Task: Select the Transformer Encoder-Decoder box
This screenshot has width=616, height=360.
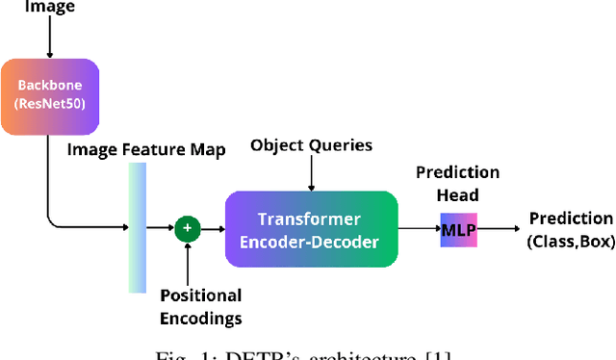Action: click(x=310, y=228)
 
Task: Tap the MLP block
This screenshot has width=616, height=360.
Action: click(x=457, y=229)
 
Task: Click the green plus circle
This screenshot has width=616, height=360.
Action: click(x=187, y=228)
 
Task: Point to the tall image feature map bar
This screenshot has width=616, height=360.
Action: click(x=139, y=227)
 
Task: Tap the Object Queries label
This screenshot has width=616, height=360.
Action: click(x=310, y=146)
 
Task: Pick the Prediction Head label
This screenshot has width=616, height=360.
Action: click(x=457, y=183)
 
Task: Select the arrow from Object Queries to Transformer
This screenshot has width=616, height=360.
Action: click(x=310, y=174)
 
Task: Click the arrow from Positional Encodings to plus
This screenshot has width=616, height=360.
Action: click(x=187, y=261)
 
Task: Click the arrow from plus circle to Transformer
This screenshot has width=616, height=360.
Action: click(x=211, y=228)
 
